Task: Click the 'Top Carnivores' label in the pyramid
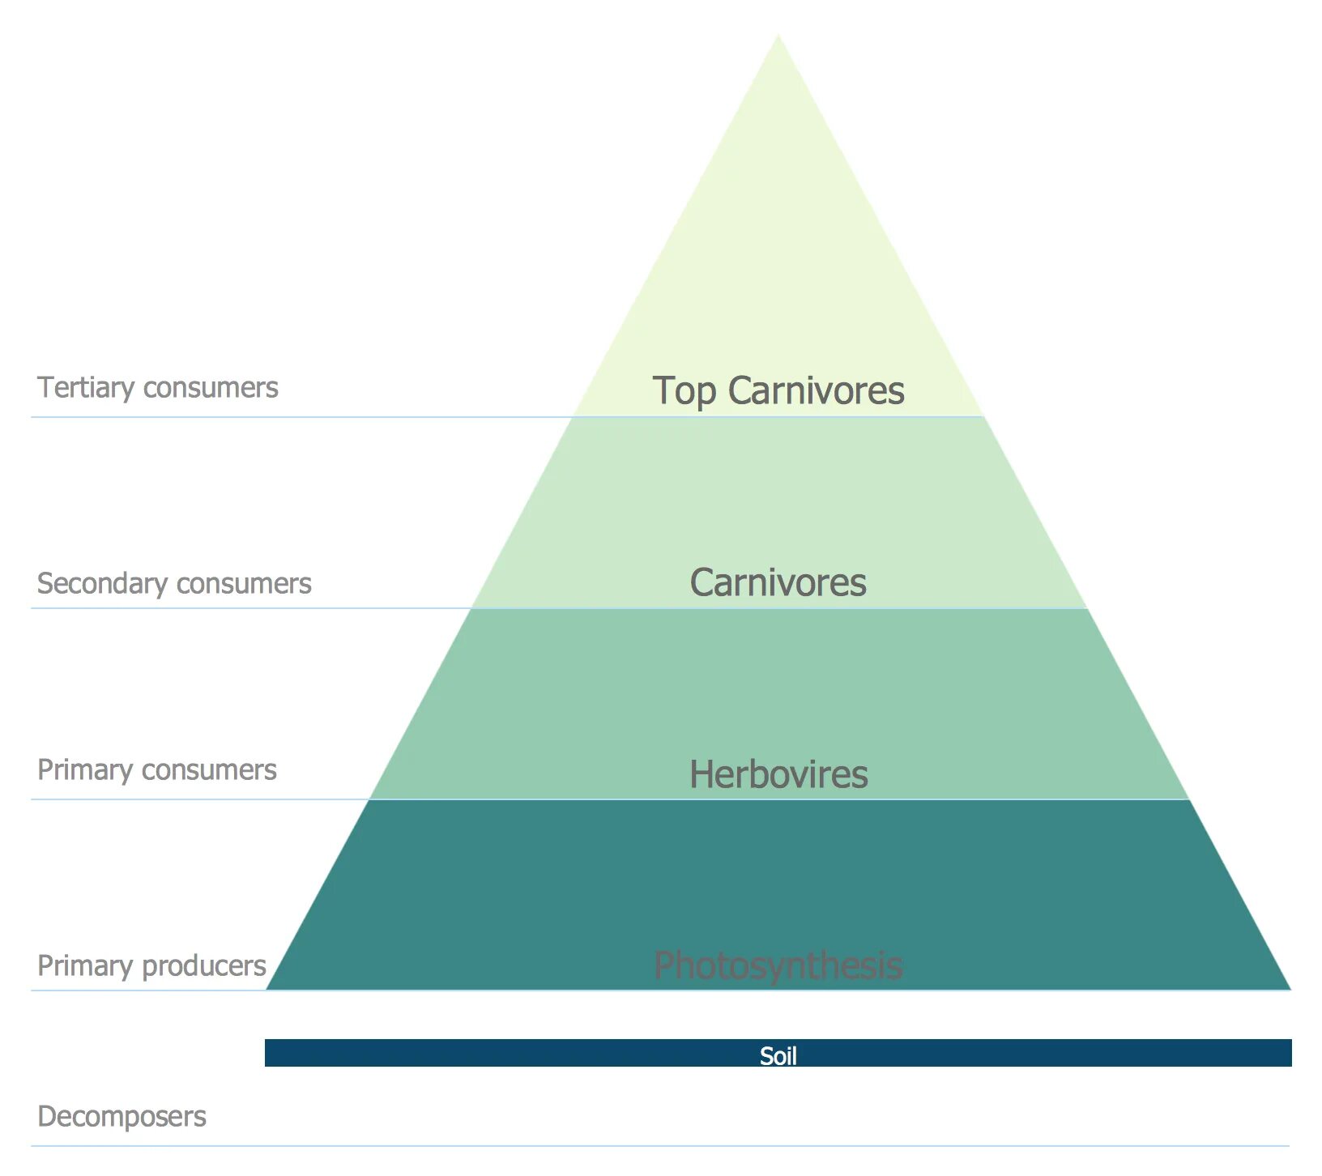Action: [778, 390]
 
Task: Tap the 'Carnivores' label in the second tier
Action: [778, 582]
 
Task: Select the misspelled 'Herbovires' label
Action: [778, 774]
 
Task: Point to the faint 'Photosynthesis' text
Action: [778, 965]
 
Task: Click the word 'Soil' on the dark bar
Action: [778, 1055]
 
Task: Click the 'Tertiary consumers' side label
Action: [158, 387]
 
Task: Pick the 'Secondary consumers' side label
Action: [174, 583]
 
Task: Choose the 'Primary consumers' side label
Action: [157, 769]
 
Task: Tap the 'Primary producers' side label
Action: [151, 965]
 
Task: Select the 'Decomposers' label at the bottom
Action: [122, 1116]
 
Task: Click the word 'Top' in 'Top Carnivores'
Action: [684, 391]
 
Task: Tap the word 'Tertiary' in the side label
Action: [86, 387]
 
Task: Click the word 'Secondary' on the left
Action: [102, 583]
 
